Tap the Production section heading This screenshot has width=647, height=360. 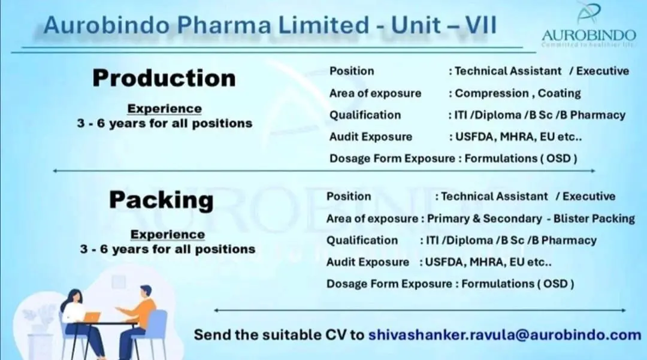click(x=164, y=78)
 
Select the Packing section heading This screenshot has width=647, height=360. click(x=161, y=200)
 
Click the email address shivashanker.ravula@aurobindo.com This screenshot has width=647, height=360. click(x=504, y=335)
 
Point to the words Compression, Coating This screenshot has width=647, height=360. click(x=518, y=93)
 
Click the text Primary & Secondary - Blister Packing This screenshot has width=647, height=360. click(x=531, y=219)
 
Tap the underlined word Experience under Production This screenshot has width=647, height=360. click(x=164, y=108)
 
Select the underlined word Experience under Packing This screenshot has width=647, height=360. click(x=167, y=234)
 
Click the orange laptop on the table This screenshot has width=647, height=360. click(x=92, y=317)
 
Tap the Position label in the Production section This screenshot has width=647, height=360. click(x=352, y=71)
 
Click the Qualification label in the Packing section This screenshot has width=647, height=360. click(x=362, y=240)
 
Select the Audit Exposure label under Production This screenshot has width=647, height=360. click(x=371, y=137)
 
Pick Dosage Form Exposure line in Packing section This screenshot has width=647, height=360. click(x=450, y=283)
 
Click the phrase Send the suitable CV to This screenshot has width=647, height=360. click(x=279, y=335)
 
